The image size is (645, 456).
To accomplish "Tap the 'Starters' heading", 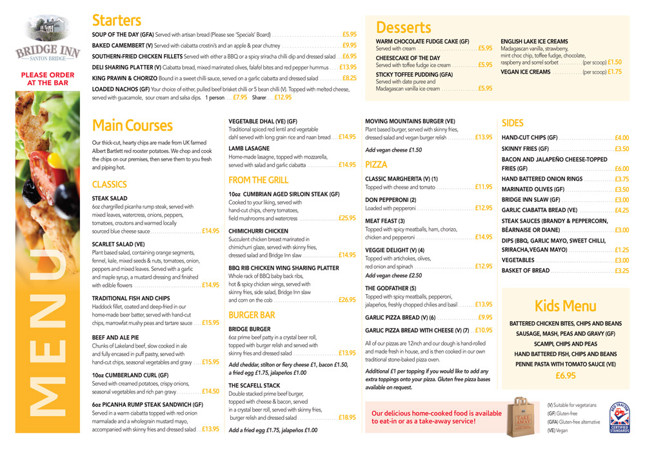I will coord(116,20).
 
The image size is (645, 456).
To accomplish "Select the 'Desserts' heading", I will coord(403,27).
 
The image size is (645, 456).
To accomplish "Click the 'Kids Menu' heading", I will coord(565,305).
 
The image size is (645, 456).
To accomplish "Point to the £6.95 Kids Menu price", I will coord(565,375).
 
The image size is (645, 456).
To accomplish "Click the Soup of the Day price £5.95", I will coord(350,34).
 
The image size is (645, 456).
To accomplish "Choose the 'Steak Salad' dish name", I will coord(109,199).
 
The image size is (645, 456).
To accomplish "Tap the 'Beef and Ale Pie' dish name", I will coord(115,337).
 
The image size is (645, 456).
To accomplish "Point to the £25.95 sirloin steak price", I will coord(347,218).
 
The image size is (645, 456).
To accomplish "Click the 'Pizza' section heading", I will coord(376,164).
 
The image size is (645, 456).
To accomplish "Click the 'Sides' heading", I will coord(513,123).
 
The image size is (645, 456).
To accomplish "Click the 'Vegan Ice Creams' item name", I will coord(526,72).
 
